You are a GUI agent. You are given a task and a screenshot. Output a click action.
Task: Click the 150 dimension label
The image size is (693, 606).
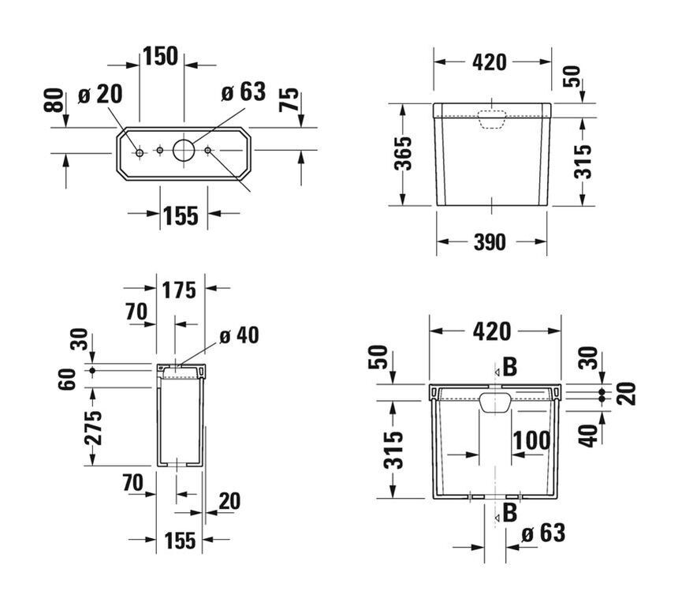pos(160,56)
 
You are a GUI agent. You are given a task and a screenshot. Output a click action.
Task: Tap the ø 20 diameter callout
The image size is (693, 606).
pos(100,94)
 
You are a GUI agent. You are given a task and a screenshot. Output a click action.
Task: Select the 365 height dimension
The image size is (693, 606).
pos(403,154)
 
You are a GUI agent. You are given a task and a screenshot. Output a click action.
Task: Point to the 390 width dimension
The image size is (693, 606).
pos(490,242)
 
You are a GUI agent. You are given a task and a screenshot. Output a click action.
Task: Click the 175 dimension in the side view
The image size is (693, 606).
pos(178,290)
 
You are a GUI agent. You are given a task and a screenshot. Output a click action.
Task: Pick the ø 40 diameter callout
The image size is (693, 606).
pos(239,335)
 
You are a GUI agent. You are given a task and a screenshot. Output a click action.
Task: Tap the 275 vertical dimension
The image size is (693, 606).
pos(93,428)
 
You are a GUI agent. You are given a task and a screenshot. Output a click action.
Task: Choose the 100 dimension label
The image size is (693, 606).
pos(531,440)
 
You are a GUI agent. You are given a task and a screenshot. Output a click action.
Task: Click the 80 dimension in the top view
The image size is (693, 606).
pos(54,100)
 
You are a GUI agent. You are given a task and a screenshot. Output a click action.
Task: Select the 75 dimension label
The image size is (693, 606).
pos(289,99)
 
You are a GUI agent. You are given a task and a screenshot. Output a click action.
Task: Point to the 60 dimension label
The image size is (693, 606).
pos(67,379)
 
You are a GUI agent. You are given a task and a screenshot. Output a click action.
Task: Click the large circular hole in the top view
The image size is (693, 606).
pos(184,151)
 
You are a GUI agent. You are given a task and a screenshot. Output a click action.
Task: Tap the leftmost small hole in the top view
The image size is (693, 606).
pos(140,153)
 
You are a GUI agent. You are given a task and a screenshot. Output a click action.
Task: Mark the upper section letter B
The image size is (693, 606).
pos(510,367)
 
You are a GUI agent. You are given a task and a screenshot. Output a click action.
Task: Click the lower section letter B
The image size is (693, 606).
pos(510,513)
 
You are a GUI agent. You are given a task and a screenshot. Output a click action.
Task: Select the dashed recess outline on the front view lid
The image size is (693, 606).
pos(491,119)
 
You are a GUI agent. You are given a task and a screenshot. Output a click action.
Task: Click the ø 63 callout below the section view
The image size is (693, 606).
pos(543,533)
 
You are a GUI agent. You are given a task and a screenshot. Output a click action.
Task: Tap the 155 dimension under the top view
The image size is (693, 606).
pos(181,216)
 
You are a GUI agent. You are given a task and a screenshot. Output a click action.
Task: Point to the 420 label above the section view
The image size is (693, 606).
pos(492,331)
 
